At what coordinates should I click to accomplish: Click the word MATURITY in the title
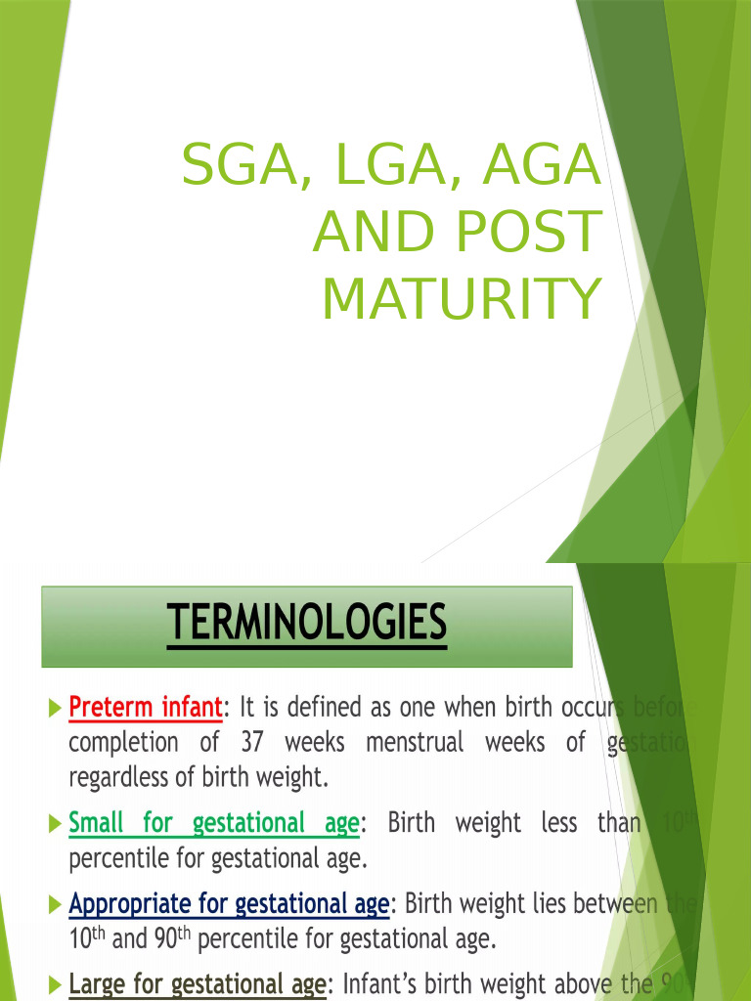(x=461, y=299)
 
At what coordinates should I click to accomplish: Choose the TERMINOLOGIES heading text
(x=306, y=623)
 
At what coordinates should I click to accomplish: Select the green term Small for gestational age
(x=213, y=823)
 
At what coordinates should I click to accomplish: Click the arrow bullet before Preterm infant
(x=53, y=706)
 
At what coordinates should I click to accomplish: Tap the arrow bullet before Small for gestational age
(x=53, y=823)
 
